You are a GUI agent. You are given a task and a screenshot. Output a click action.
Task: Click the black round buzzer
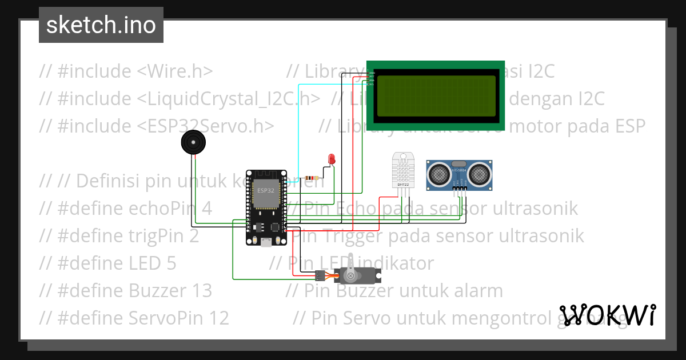click(x=192, y=142)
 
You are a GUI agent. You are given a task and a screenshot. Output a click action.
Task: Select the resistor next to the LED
click(x=312, y=178)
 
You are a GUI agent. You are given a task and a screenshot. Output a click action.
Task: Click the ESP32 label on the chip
click(x=265, y=190)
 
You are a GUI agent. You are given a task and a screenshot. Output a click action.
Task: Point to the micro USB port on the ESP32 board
click(x=266, y=242)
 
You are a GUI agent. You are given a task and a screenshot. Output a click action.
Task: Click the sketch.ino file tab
click(x=101, y=25)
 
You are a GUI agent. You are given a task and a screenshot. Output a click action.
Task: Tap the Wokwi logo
click(x=607, y=315)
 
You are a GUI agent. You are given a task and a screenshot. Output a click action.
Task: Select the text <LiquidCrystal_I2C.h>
click(x=228, y=99)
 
